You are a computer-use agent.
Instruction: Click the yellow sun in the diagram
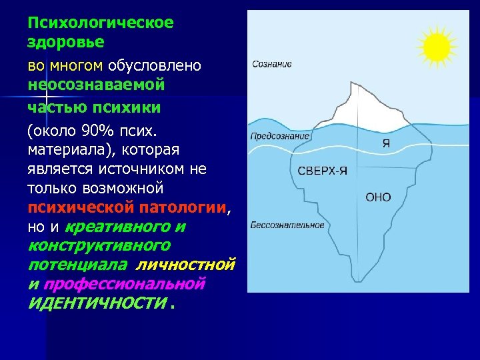point(434,46)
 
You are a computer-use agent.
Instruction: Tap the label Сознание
point(272,65)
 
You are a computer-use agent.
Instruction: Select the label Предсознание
point(280,136)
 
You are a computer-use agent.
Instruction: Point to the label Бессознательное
point(287,225)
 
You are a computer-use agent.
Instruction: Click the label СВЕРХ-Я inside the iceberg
point(322,170)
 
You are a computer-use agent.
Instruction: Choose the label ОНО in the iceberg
point(378,197)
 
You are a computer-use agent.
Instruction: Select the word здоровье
point(65,41)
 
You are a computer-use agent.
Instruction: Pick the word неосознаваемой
point(96,86)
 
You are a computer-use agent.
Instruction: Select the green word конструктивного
point(99,246)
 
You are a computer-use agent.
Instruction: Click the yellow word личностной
point(185,265)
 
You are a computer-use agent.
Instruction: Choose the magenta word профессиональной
point(123,284)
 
